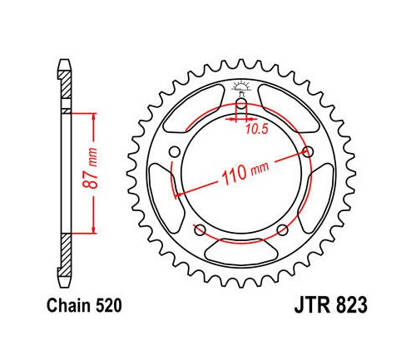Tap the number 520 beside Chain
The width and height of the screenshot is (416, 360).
point(108,306)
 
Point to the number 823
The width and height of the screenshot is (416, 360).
point(351,305)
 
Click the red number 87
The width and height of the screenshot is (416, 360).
point(92,181)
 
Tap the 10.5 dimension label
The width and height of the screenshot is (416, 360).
point(257,129)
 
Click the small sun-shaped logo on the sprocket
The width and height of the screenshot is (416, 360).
point(241,86)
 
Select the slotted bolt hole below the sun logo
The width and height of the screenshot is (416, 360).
point(241,104)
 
